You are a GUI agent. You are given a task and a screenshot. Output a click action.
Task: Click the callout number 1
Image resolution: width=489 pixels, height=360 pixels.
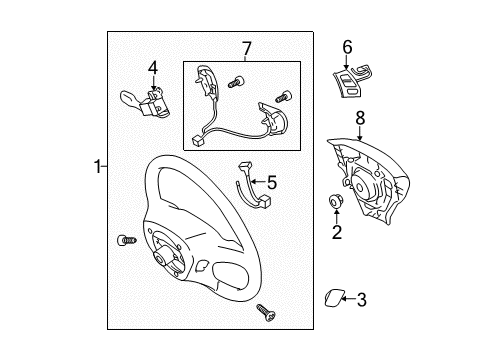pyautogui.click(x=96, y=168)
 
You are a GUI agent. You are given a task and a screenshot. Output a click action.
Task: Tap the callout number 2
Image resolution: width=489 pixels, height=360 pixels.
pyautogui.click(x=337, y=233)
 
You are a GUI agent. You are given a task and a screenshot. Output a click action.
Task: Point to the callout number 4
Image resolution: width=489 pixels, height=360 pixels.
pyautogui.click(x=153, y=67)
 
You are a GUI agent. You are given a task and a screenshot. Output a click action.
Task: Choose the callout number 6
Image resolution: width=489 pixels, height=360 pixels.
pyautogui.click(x=347, y=46)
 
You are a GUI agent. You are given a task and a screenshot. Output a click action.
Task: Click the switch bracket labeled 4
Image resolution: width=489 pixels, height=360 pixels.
pyautogui.click(x=146, y=100)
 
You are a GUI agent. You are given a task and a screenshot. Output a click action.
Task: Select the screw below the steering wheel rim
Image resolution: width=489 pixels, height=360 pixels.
pyautogui.click(x=268, y=312)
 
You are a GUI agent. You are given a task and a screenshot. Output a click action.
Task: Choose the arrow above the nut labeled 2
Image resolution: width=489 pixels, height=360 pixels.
pyautogui.click(x=337, y=219)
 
